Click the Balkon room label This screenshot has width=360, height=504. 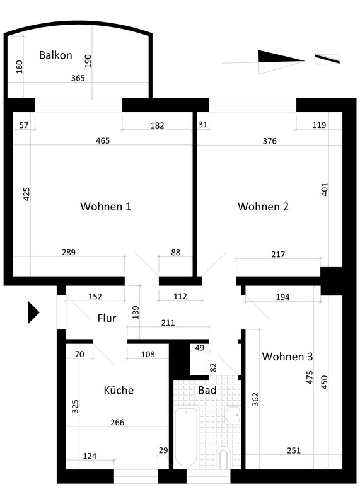(x=55, y=55)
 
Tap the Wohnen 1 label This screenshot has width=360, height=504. (x=105, y=206)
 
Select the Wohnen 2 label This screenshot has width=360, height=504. (x=263, y=207)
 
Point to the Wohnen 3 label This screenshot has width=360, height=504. (x=287, y=357)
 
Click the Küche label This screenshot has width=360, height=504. (x=119, y=390)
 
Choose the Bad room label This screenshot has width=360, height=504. (x=207, y=390)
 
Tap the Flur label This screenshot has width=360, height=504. (x=107, y=318)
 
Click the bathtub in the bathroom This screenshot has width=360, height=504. (x=186, y=437)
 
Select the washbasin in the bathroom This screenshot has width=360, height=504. (x=232, y=415)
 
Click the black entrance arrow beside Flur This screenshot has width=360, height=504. (x=33, y=312)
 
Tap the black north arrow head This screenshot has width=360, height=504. (x=281, y=57)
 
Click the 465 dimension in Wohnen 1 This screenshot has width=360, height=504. (x=103, y=140)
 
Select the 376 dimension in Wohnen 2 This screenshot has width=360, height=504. (x=270, y=140)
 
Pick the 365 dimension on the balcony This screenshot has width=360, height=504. (x=78, y=78)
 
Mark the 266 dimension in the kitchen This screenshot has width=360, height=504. (x=117, y=422)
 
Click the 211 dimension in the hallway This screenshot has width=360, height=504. (x=168, y=323)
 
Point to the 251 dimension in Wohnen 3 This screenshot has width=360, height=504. (x=294, y=450)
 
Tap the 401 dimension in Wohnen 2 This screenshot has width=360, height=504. (x=324, y=190)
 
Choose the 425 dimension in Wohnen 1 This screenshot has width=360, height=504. (x=26, y=194)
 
